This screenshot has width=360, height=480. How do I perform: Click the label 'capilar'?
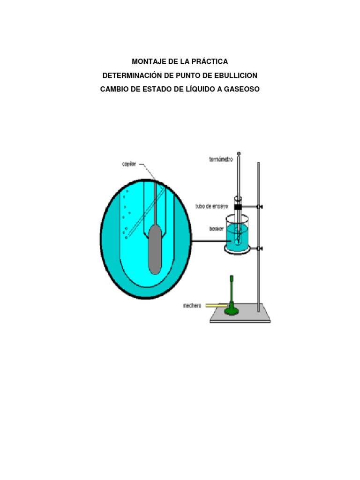129,165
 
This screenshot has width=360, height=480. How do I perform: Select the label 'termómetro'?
221,159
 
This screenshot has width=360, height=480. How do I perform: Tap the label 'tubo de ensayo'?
212,207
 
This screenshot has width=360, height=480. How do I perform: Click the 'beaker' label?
217,229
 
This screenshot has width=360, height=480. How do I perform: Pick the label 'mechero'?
192,306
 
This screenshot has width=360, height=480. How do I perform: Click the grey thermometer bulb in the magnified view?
155,249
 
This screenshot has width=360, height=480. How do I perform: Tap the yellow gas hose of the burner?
217,305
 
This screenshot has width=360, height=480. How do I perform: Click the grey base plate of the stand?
240,315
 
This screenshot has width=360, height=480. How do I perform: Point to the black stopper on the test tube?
238,207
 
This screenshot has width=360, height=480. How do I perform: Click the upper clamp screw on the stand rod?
260,207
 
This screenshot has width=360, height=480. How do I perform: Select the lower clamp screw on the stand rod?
260,248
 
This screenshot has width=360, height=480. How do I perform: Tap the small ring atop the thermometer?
239,153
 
